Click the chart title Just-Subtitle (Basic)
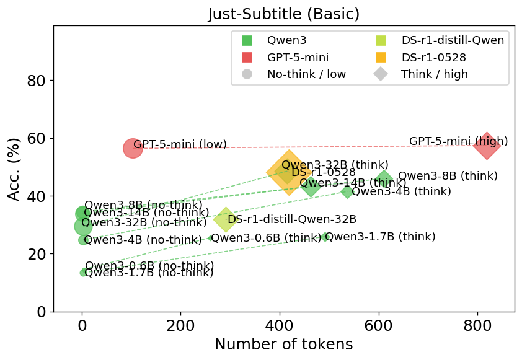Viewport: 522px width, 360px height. [x=284, y=14]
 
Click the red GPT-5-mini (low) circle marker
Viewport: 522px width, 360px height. [x=133, y=148]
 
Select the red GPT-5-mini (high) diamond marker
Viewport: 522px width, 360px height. [x=487, y=146]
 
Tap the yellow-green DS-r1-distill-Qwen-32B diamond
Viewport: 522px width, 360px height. [x=226, y=219]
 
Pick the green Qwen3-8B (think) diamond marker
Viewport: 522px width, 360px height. [x=384, y=180]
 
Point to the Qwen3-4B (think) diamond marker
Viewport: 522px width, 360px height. [x=347, y=191]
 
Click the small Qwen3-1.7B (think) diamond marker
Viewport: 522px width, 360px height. [x=325, y=237]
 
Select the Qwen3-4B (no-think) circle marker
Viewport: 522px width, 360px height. [x=84, y=240]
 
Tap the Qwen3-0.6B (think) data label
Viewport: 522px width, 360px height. [x=267, y=237]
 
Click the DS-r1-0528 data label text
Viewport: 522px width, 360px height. [x=324, y=172]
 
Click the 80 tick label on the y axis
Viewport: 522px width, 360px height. [x=36, y=81]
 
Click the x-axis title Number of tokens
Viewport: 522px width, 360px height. [x=283, y=345]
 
